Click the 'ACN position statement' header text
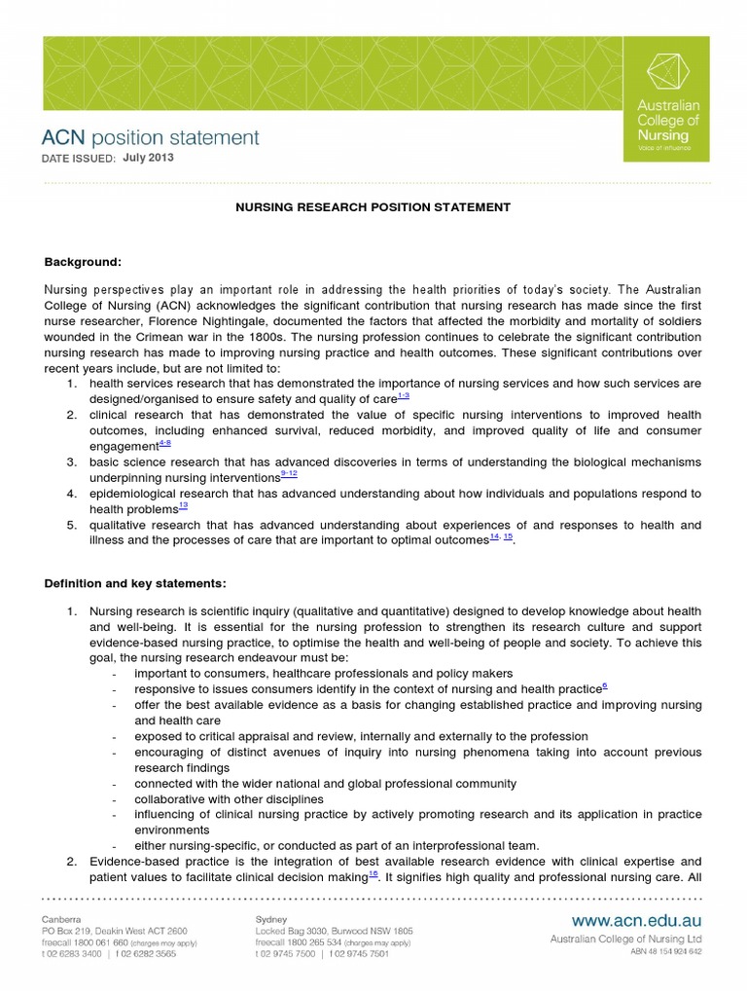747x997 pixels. tap(150, 137)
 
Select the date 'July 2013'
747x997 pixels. tap(149, 158)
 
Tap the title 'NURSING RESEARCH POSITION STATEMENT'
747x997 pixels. tap(373, 207)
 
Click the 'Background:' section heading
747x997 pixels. tap(83, 262)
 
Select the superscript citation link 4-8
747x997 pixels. tap(164, 444)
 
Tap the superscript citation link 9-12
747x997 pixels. tap(289, 474)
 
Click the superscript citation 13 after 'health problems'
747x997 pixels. tap(183, 506)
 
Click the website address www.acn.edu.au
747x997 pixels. tap(636, 920)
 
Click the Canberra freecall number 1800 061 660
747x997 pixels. tap(95, 942)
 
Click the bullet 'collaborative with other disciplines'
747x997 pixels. tap(229, 798)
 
